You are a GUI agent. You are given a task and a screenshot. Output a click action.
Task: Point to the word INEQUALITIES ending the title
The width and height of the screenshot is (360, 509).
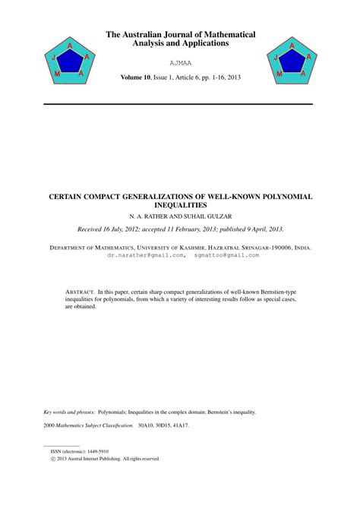[x=180, y=205]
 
